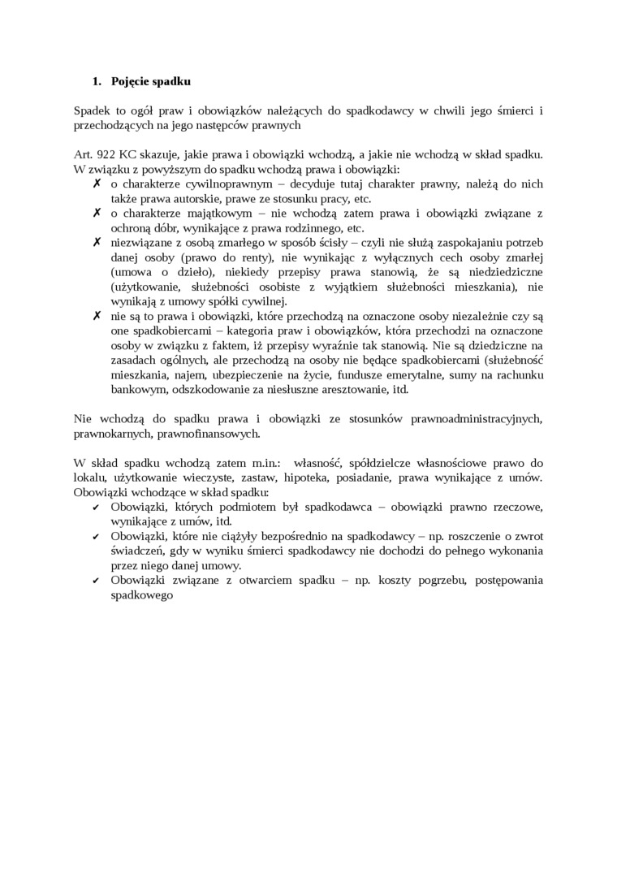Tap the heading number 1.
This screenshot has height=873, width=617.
coord(95,81)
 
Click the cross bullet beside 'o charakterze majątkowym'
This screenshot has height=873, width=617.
coord(97,213)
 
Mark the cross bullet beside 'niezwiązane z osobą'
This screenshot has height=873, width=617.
coord(97,242)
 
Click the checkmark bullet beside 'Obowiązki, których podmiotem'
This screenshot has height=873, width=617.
coord(97,507)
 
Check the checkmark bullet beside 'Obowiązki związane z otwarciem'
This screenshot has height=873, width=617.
coord(97,580)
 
